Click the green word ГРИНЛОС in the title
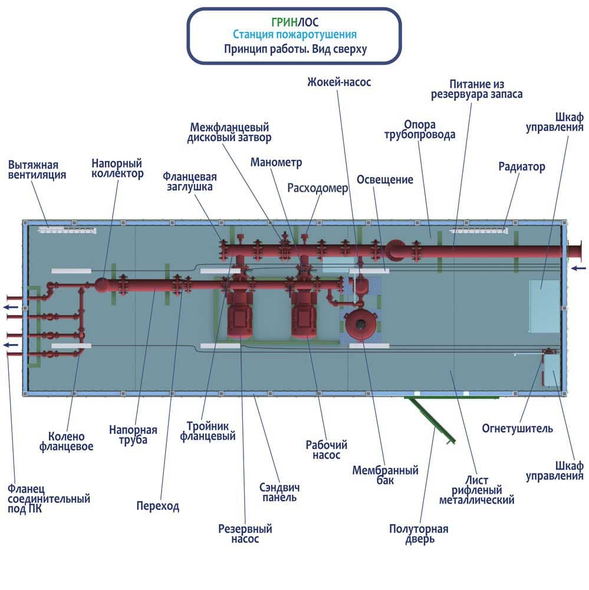[294, 22]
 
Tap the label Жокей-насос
[338, 82]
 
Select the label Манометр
[276, 162]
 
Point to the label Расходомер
[318, 188]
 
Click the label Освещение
[384, 179]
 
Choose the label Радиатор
[521, 167]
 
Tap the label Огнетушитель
[517, 428]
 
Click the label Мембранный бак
[385, 475]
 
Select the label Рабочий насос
[326, 450]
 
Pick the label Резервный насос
[245, 534]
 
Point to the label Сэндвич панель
[279, 492]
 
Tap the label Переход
[157, 506]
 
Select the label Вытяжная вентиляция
[37, 169]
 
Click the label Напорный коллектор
[117, 168]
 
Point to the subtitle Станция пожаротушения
[294, 35]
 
